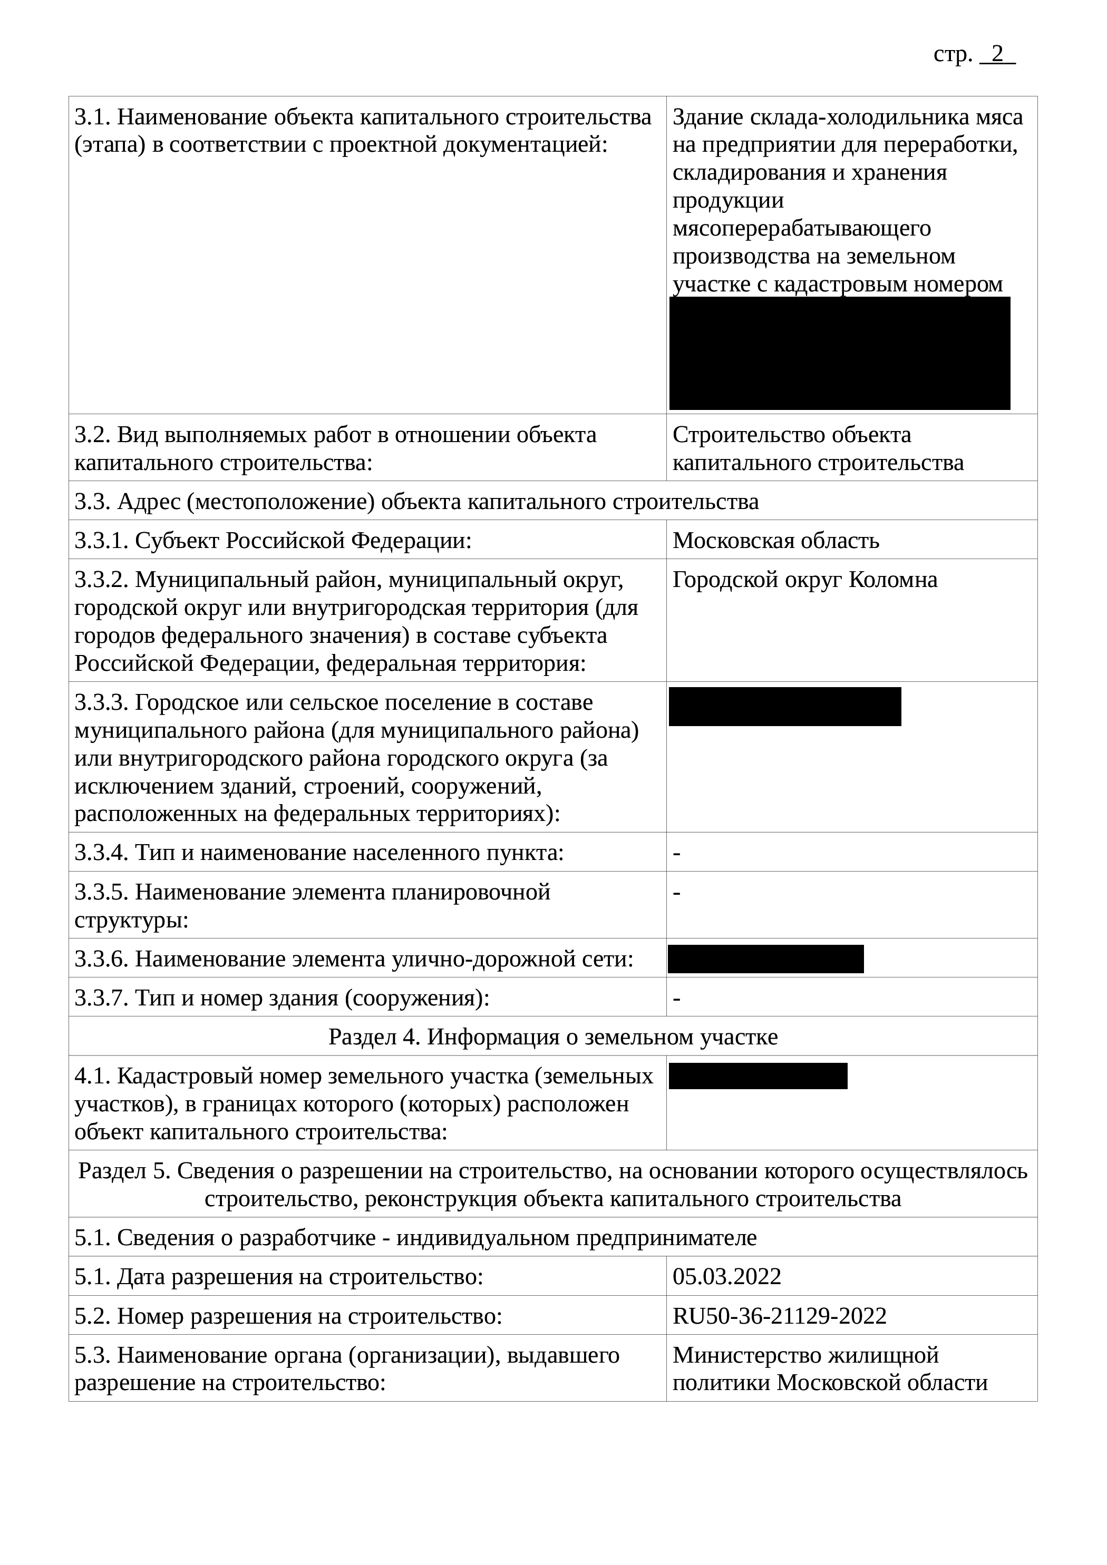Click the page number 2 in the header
point(997,54)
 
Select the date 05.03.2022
point(726,1276)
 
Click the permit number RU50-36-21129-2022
point(779,1316)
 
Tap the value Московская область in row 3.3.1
point(775,541)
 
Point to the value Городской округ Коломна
point(805,580)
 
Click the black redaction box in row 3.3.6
point(765,959)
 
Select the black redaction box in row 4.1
point(758,1077)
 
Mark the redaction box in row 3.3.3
point(784,707)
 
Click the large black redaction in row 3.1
point(840,353)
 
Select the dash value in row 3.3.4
point(677,853)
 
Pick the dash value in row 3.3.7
point(677,999)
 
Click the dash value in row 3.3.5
point(677,892)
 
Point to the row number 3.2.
point(92,435)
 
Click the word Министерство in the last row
point(747,1355)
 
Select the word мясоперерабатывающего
point(801,228)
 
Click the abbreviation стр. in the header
point(952,54)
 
